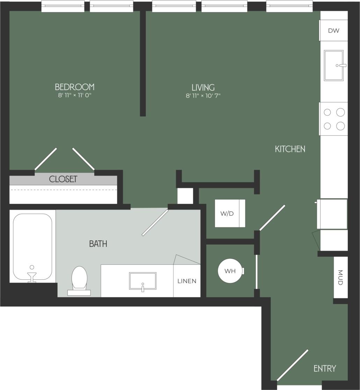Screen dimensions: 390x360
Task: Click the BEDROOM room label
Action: [74, 87]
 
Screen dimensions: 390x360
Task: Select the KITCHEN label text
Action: [290, 149]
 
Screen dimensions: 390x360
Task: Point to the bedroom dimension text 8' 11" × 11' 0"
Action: [74, 95]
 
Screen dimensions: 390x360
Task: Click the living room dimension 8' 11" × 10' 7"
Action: [203, 95]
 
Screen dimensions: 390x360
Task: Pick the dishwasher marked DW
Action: [333, 30]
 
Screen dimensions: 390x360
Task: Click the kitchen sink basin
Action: [333, 65]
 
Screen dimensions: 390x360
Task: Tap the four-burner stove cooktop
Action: [334, 119]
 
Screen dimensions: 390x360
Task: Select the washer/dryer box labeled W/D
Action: [230, 213]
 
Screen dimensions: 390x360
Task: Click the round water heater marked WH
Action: [230, 271]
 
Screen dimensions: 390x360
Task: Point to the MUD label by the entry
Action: [341, 277]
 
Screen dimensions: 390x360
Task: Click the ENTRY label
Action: [325, 368]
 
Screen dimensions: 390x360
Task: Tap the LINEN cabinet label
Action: [187, 281]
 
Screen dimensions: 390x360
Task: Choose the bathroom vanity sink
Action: [143, 281]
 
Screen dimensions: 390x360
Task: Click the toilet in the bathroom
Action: [79, 279]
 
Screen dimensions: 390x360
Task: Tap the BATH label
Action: [98, 244]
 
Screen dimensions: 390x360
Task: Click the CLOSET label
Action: [63, 179]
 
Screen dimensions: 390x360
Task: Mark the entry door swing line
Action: [293, 365]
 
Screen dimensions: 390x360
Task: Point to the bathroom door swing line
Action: [155, 223]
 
